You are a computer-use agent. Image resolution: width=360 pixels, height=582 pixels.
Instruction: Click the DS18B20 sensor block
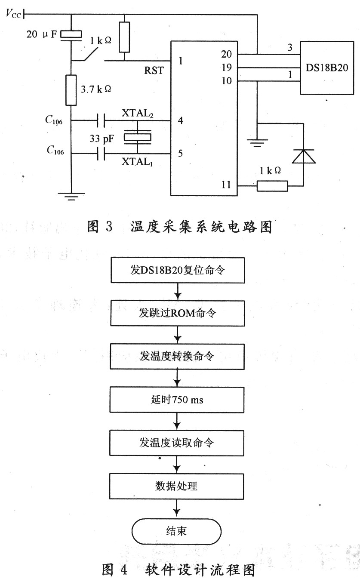pos(327,68)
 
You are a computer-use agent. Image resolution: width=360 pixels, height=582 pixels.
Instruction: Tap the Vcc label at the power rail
pos(13,13)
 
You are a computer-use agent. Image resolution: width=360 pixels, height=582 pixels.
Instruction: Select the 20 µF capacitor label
pos(42,34)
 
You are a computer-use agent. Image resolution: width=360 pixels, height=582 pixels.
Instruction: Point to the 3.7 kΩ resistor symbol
pos(71,90)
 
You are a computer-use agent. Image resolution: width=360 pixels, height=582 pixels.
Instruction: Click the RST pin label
pos(154,71)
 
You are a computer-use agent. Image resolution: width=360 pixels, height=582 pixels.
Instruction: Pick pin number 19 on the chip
pos(227,68)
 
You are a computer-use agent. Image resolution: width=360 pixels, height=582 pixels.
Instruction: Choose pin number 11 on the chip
pos(226,185)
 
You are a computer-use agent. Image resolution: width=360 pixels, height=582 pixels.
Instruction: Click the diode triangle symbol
pos(303,156)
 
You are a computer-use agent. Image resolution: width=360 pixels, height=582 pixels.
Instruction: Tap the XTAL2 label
pos(138,113)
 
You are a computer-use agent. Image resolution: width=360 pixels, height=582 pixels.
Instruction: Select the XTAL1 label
pos(137,162)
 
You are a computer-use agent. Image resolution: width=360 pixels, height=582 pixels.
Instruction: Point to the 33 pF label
pos(102,139)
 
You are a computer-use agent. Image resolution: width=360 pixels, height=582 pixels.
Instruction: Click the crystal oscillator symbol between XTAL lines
pos(137,137)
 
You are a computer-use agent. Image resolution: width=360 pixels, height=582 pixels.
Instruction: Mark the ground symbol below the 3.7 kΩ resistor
pos(71,197)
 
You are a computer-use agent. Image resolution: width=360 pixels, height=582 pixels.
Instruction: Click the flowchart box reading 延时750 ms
pos(177,400)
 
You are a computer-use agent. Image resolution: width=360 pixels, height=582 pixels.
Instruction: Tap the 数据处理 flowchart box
pos(177,486)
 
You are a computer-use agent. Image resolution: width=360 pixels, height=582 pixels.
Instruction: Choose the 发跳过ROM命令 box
pos(178,313)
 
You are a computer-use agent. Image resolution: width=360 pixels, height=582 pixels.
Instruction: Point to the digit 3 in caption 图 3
pos(109,226)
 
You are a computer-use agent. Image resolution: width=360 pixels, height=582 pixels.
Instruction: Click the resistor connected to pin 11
pos(272,186)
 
